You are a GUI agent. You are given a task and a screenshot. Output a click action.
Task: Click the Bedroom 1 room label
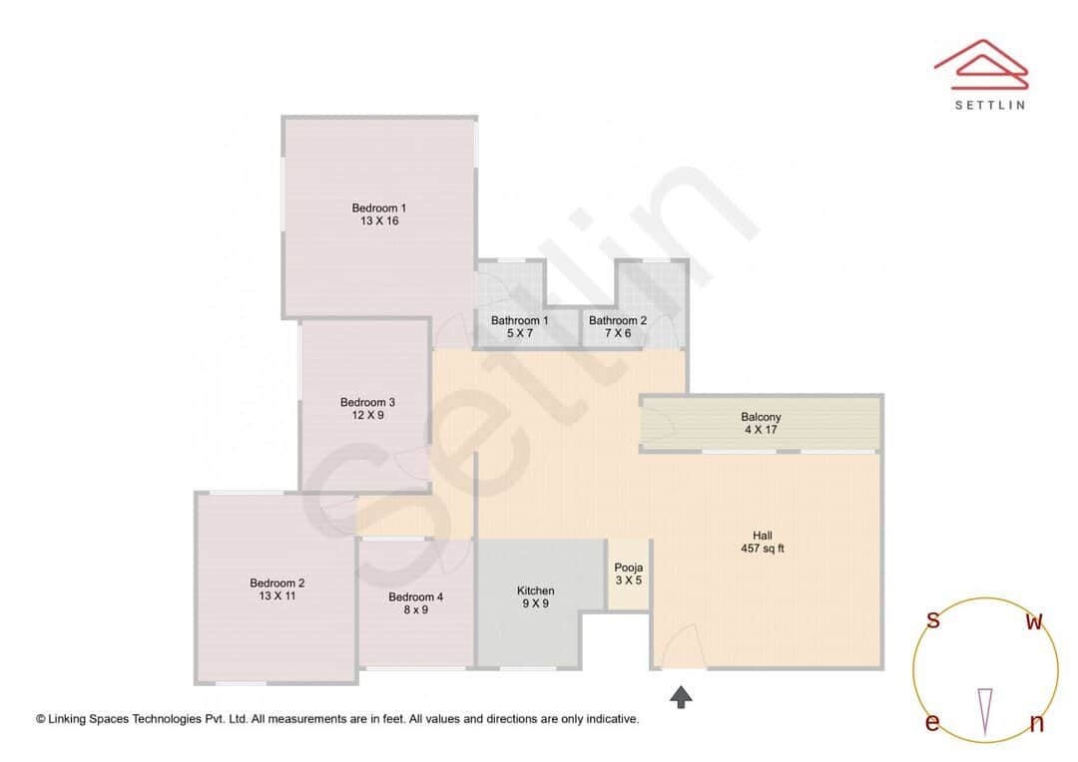[378, 208]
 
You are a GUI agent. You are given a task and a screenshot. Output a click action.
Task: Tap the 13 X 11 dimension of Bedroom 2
[276, 596]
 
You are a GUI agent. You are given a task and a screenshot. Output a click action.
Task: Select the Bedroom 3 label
[367, 403]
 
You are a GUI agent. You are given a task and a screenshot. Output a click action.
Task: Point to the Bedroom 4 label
[415, 597]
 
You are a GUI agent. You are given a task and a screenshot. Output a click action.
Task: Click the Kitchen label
[535, 590]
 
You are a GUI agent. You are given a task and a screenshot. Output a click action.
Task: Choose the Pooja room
[629, 574]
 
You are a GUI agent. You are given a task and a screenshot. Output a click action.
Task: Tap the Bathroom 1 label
[519, 321]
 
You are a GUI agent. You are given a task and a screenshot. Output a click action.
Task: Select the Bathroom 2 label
[617, 321]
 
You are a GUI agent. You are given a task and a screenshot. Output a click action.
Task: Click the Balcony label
[761, 417]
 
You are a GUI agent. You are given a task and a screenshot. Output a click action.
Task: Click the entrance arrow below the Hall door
[681, 696]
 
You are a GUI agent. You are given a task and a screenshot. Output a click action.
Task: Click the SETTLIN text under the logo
[989, 104]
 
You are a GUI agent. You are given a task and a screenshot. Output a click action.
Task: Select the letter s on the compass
[933, 620]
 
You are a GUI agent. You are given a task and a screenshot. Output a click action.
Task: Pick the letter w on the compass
[1035, 622]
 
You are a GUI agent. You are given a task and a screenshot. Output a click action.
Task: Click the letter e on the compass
[932, 723]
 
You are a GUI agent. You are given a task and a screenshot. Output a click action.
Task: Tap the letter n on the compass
[1036, 724]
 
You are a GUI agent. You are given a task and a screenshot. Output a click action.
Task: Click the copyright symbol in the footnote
[41, 718]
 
